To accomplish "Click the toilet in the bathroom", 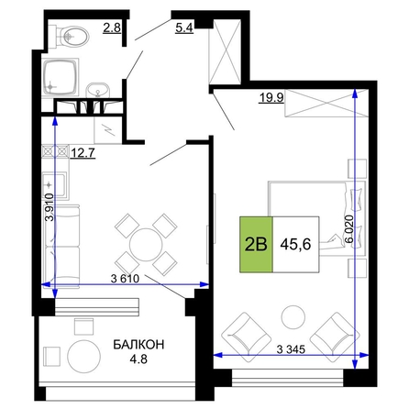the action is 72,37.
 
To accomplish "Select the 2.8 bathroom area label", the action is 112,28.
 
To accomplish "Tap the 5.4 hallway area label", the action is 184,28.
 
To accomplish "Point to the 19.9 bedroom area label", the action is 271,98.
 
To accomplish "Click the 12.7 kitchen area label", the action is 83,152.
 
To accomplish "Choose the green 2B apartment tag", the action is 256,244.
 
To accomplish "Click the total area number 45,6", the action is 295,244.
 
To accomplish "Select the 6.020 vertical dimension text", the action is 349,228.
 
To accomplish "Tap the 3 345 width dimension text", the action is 291,348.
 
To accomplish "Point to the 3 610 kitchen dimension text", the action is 125,279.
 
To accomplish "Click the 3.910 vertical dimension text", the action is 50,207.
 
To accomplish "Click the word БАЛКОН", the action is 138,345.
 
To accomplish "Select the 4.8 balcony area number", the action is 138,359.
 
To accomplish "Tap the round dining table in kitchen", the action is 146,245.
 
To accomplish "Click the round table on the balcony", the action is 83,357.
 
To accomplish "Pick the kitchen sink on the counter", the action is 54,185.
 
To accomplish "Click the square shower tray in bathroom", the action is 61,78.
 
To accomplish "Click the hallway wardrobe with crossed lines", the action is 225,51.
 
